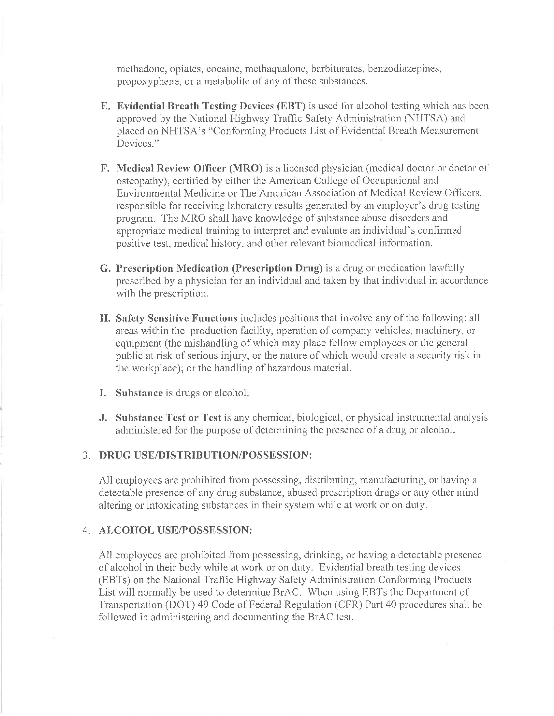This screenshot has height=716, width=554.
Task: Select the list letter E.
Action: pos(104,106)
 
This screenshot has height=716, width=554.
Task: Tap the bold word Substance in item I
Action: pos(139,393)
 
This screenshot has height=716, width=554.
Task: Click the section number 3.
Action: pos(86,455)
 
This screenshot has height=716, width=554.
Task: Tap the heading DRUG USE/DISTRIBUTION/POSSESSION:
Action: pos(205,455)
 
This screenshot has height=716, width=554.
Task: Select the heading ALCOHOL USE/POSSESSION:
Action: pos(175,530)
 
